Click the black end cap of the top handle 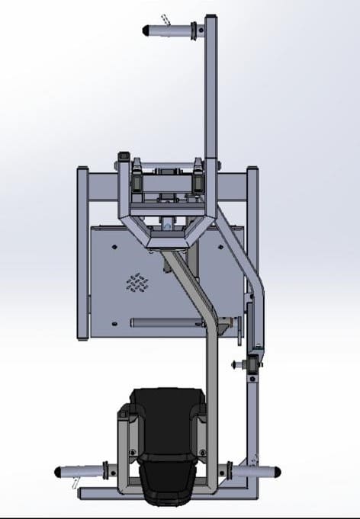pos(146,30)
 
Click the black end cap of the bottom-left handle pos(59,472)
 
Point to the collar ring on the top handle pos(198,31)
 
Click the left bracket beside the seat pos(124,442)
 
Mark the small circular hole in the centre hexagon pos(166,226)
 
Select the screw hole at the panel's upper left pos(113,245)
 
